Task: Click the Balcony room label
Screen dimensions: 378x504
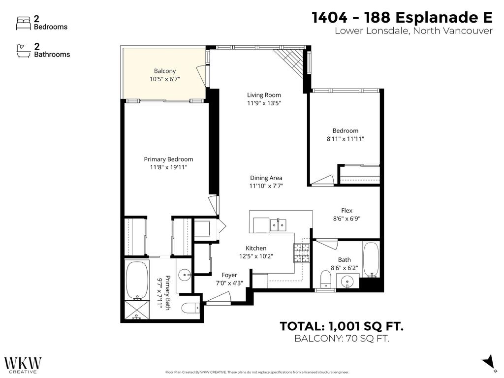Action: click(164, 71)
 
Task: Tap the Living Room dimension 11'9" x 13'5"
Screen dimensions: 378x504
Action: click(264, 103)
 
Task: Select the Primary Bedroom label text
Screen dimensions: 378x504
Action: click(168, 159)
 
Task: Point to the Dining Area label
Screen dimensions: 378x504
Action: click(266, 178)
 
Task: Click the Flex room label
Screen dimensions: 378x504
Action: click(346, 211)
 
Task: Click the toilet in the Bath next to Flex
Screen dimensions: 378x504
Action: click(325, 279)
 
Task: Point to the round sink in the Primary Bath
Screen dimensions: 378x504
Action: click(185, 275)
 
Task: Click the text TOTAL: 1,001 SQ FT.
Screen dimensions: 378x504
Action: click(342, 326)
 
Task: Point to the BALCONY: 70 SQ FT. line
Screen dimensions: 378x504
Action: click(342, 339)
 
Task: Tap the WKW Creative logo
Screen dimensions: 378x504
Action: click(23, 365)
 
